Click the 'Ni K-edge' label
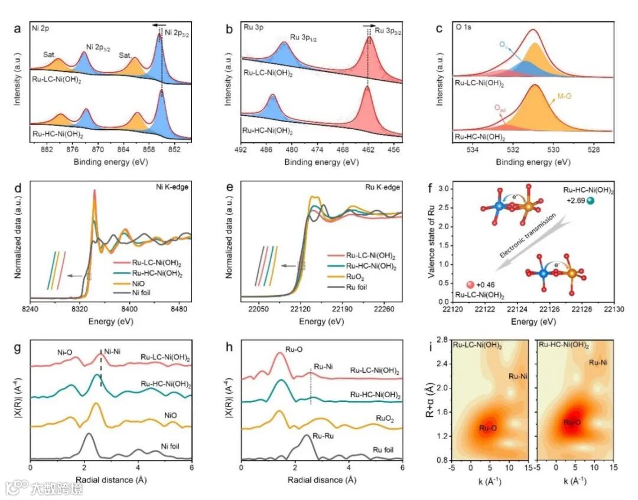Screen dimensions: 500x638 [172, 188]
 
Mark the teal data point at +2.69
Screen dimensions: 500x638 [591, 201]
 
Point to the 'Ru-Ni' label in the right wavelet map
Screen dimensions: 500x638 [600, 363]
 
